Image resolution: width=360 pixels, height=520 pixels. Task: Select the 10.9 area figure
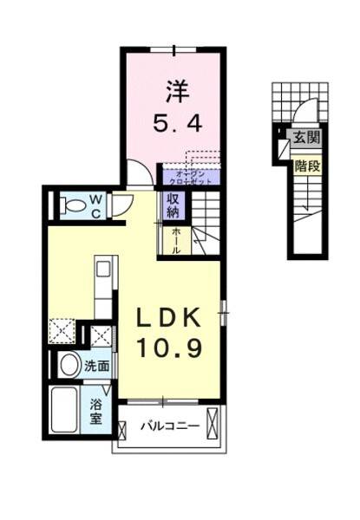coord(170,348)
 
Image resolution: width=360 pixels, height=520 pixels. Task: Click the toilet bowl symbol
coord(76,206)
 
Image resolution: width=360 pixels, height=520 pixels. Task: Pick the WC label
coord(97,206)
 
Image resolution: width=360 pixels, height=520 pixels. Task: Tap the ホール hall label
coord(174,239)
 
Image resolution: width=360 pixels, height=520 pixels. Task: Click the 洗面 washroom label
coord(96,367)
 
